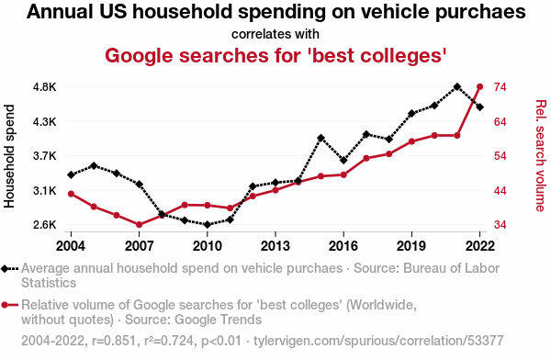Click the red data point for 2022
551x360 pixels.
(479, 87)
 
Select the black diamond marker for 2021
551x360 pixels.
(456, 87)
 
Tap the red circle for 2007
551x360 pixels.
(140, 225)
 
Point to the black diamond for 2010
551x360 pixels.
(208, 225)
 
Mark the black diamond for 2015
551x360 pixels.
(320, 138)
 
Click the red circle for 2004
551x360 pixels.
(71, 194)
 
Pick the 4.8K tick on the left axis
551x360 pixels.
(45, 87)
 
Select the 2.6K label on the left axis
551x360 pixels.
(45, 225)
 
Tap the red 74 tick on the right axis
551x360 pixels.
(500, 87)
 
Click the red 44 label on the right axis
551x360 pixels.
(500, 191)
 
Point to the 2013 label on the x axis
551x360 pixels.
(275, 246)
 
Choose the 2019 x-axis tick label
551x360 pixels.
(411, 246)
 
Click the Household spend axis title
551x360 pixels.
(9, 156)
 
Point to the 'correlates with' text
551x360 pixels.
(275, 35)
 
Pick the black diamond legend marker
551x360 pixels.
(5, 269)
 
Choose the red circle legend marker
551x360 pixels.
(5, 305)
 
